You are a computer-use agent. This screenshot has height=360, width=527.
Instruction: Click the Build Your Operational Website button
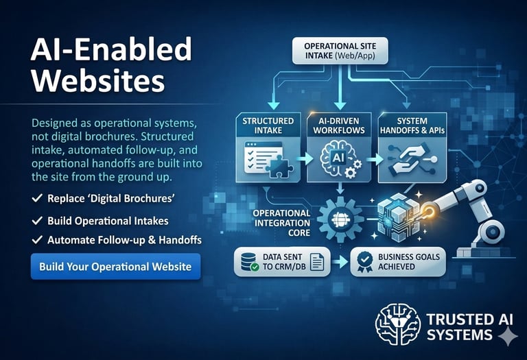(x=115, y=266)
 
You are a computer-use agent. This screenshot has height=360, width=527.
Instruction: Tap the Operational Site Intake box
(x=340, y=51)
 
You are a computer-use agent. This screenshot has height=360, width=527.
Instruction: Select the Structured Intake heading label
(x=268, y=125)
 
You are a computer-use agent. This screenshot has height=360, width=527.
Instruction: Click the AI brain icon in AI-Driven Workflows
(x=338, y=158)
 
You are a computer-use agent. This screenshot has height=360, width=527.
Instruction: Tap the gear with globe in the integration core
(x=340, y=219)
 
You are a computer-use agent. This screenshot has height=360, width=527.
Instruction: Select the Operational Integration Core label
(x=281, y=223)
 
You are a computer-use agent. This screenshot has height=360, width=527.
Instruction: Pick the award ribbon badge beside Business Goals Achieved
(x=365, y=262)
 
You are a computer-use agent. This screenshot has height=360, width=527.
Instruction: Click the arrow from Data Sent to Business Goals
(x=340, y=262)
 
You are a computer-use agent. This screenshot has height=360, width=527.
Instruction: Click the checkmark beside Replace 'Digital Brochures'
(x=37, y=197)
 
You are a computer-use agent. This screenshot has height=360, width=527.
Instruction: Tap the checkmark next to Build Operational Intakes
(x=37, y=220)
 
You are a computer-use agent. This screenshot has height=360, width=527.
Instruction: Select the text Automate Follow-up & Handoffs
(x=124, y=240)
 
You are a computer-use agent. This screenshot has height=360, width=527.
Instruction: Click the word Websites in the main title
(x=98, y=81)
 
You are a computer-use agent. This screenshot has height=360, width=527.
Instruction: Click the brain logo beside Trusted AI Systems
(x=397, y=324)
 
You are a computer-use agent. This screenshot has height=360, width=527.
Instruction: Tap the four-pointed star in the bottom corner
(x=508, y=337)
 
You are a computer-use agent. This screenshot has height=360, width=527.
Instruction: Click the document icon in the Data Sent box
(x=316, y=262)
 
